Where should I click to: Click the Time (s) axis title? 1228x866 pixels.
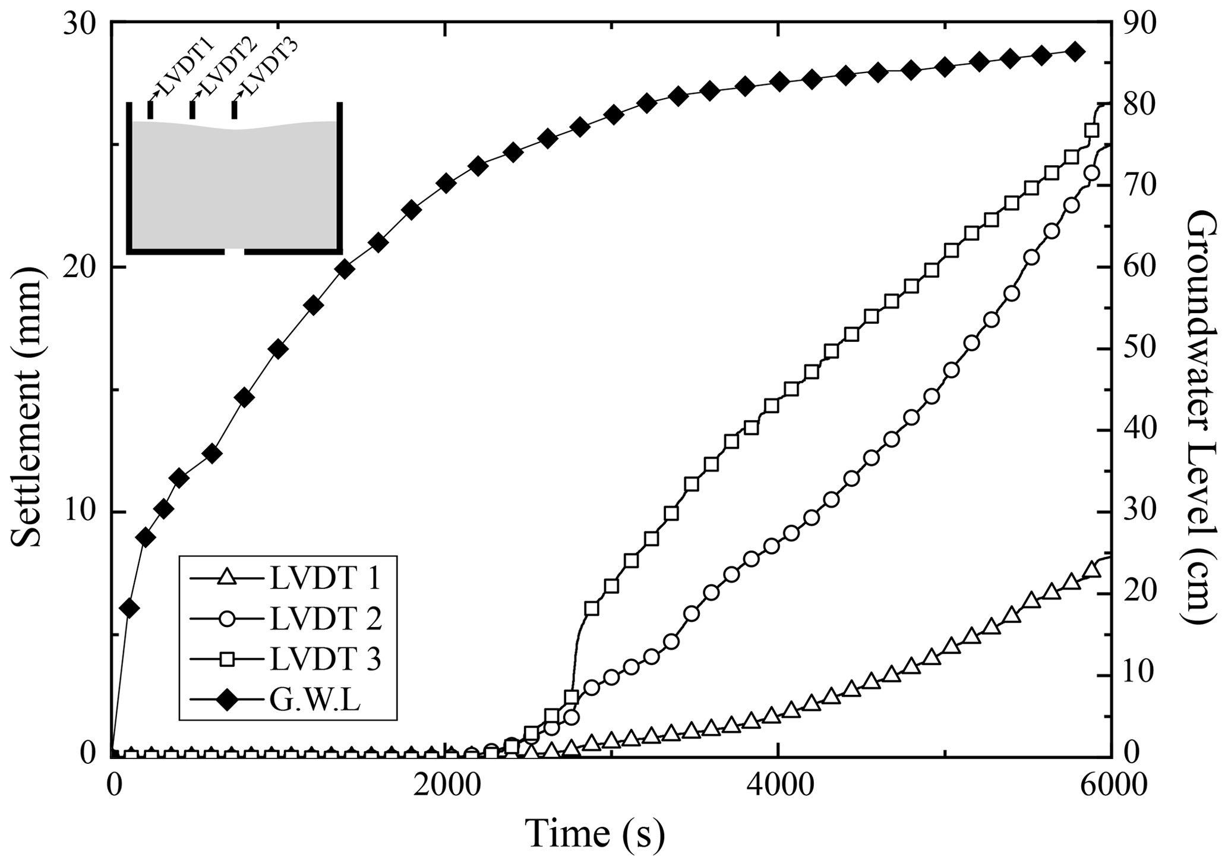(x=595, y=834)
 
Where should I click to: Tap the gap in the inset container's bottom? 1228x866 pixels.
(x=235, y=251)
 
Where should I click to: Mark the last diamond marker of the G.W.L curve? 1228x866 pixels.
(x=1074, y=52)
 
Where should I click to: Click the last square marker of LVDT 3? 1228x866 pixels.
(x=1092, y=131)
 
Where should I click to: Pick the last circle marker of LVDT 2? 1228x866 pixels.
(x=1092, y=173)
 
